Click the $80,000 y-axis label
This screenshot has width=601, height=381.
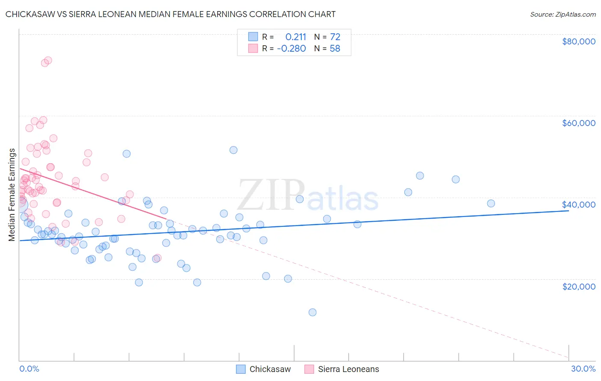[x=579, y=41]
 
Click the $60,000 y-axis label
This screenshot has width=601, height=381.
[x=579, y=123]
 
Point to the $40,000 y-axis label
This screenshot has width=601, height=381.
[x=579, y=205]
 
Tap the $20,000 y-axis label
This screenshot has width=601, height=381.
[x=579, y=286]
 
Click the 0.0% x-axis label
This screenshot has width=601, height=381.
[x=29, y=369]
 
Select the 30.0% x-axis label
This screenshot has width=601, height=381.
[x=583, y=369]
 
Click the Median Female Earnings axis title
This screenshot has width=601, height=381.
[x=12, y=195]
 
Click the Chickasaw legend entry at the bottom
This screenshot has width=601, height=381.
[x=270, y=369]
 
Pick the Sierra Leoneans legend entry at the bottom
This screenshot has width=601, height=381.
[x=348, y=369]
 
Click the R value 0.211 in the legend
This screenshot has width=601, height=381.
[x=296, y=37]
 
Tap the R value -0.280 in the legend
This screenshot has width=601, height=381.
[x=292, y=49]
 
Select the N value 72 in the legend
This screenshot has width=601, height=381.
[x=335, y=37]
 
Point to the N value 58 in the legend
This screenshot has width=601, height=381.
[x=335, y=49]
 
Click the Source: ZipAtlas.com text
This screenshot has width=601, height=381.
[x=563, y=15]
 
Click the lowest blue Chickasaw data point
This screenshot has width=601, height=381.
[x=312, y=312]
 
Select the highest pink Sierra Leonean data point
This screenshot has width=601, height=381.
[x=48, y=61]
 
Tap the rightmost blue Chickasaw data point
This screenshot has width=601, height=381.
[x=491, y=203]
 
